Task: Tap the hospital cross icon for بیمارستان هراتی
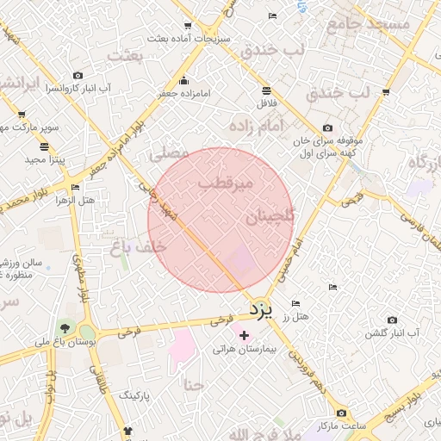pyautogui.click(x=244, y=334)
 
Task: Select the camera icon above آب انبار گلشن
pyautogui.click(x=393, y=320)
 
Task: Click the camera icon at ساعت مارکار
pyautogui.click(x=342, y=413)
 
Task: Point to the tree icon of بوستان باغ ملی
pyautogui.click(x=65, y=328)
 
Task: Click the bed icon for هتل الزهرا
pyautogui.click(x=76, y=187)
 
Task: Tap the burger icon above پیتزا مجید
pyautogui.click(x=44, y=146)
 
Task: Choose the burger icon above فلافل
pyautogui.click(x=265, y=90)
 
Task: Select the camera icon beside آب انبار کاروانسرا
pyautogui.click(x=78, y=76)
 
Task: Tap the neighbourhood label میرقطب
pyautogui.click(x=225, y=183)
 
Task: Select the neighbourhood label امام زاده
pyautogui.click(x=256, y=126)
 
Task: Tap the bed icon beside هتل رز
pyautogui.click(x=296, y=304)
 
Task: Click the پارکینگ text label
pyautogui.click(x=134, y=395)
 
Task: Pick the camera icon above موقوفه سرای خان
pyautogui.click(x=326, y=127)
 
